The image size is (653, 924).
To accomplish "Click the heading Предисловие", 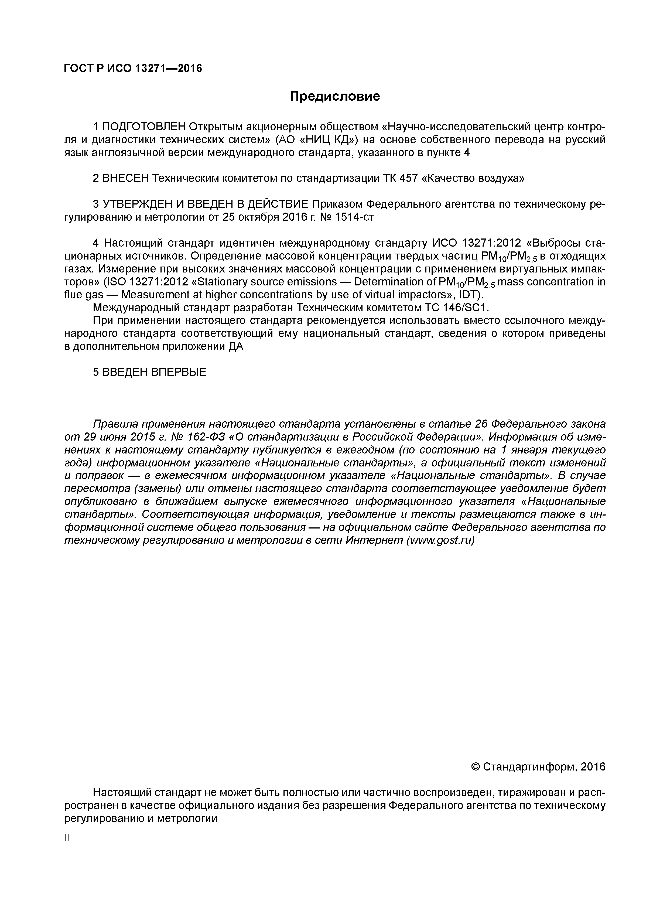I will pos(335,97).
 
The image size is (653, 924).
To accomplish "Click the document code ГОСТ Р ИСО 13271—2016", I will pos(133,69).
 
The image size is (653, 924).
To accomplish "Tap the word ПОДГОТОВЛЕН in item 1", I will pos(144,127).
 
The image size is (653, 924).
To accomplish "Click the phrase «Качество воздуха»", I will pos(473,178).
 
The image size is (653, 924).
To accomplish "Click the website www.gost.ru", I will pos(440,540).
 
